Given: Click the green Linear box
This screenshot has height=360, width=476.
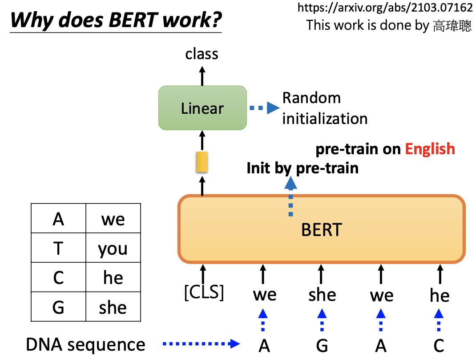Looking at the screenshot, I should pyautogui.click(x=202, y=108).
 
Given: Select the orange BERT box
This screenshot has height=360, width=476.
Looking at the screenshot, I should pyautogui.click(x=321, y=229).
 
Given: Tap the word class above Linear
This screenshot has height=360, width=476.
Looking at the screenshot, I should pyautogui.click(x=202, y=54).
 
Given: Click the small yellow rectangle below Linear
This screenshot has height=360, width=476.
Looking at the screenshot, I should pyautogui.click(x=202, y=162).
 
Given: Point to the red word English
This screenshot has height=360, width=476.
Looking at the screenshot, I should pyautogui.click(x=430, y=149).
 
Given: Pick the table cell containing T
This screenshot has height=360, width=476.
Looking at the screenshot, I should pyautogui.click(x=58, y=248).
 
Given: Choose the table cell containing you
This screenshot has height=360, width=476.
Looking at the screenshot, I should pyautogui.click(x=113, y=249).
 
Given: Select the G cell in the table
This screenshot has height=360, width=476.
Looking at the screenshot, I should pyautogui.click(x=58, y=307).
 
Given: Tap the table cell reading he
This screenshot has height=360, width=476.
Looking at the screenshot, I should pyautogui.click(x=113, y=278).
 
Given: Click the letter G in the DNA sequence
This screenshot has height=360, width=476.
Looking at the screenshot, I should pyautogui.click(x=322, y=345).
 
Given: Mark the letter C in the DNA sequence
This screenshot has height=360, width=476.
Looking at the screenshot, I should pyautogui.click(x=439, y=345).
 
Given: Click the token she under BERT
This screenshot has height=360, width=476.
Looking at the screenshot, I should pyautogui.click(x=322, y=295).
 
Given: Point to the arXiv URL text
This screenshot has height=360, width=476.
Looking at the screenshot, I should pyautogui.click(x=385, y=8).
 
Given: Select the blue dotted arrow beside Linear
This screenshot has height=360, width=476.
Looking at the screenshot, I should pyautogui.click(x=264, y=108).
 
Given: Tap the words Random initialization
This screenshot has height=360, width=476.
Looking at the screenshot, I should pyautogui.click(x=325, y=108).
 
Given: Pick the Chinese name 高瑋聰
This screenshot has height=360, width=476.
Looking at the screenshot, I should pyautogui.click(x=452, y=25).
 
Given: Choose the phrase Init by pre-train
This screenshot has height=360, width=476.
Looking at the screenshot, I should pyautogui.click(x=303, y=168).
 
